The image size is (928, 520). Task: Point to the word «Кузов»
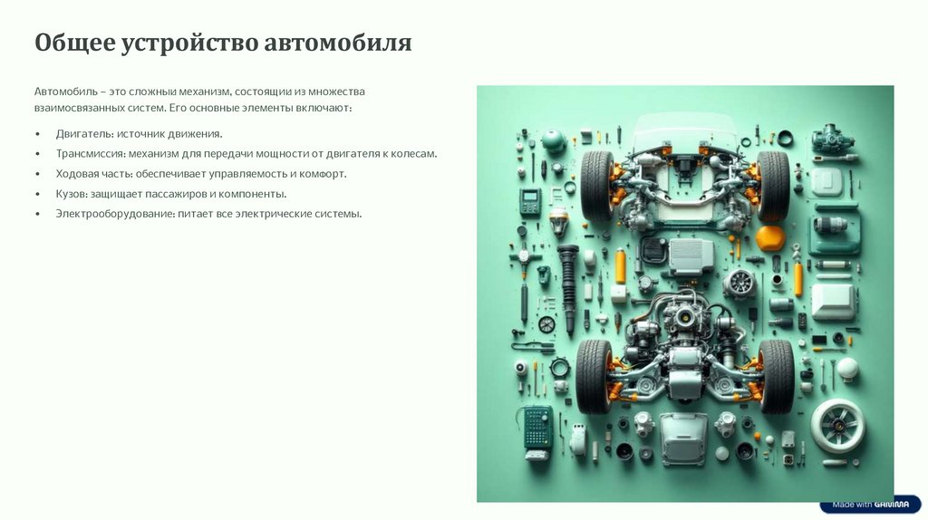click(71, 194)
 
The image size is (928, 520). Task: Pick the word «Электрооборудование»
click(116, 214)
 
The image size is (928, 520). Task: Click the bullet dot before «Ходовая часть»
click(38, 174)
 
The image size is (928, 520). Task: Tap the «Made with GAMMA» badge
click(870, 505)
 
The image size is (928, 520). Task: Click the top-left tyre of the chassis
click(597, 186)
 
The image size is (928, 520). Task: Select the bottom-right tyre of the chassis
click(776, 376)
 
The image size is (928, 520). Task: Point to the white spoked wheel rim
click(837, 426)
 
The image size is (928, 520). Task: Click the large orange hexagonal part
click(770, 238)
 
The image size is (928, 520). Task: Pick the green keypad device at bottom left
click(537, 430)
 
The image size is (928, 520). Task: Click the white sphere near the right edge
click(847, 368)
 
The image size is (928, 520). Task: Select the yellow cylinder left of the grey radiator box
click(620, 265)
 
